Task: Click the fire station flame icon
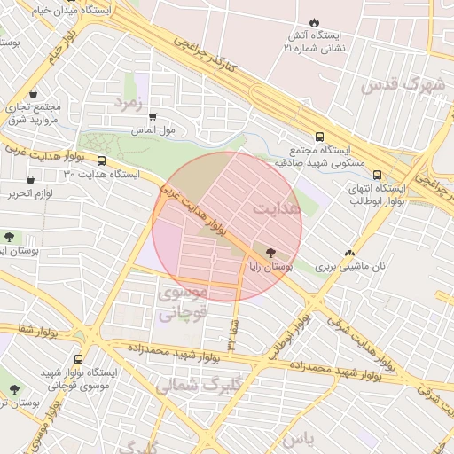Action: click(315, 22)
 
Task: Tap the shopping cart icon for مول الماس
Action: click(153, 116)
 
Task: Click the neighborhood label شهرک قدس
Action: click(389, 86)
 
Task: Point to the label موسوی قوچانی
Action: click(182, 301)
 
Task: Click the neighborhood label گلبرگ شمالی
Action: click(189, 385)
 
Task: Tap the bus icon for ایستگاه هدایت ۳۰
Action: click(102, 162)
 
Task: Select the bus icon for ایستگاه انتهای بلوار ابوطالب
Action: click(378, 175)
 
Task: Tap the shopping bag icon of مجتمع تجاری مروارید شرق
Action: click(33, 92)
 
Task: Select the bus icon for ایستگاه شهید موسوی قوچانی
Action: click(80, 360)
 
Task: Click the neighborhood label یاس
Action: click(302, 439)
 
